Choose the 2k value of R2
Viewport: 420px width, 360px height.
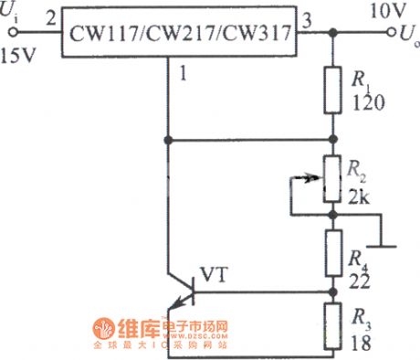[x=362, y=194]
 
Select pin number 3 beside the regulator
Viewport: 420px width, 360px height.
[x=307, y=17]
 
